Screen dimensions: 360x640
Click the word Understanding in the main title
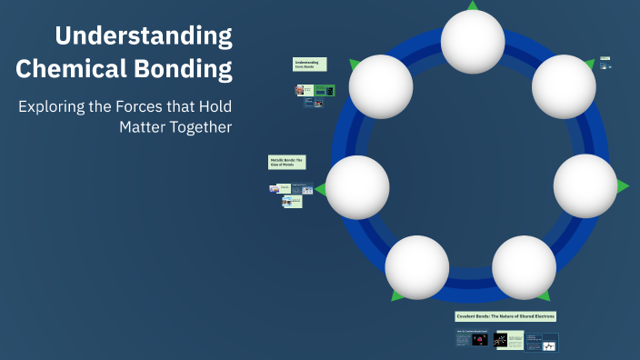(x=144, y=36)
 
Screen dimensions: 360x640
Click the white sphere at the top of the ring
(x=472, y=41)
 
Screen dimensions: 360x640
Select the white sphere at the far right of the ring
(x=585, y=185)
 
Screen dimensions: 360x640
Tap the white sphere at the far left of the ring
(x=357, y=186)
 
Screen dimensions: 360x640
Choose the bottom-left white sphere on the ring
(x=416, y=267)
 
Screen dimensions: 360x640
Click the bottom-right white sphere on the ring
(x=524, y=267)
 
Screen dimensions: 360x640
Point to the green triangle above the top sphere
(x=472, y=5)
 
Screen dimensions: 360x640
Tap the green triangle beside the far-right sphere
(x=623, y=186)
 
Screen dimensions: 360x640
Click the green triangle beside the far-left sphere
(x=320, y=188)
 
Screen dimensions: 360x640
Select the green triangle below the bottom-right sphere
(x=543, y=295)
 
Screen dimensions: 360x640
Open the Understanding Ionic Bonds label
(x=309, y=65)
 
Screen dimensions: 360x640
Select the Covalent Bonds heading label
(x=505, y=316)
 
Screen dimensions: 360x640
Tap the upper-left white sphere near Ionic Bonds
(x=381, y=86)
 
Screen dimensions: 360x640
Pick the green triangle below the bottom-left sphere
(x=397, y=295)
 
